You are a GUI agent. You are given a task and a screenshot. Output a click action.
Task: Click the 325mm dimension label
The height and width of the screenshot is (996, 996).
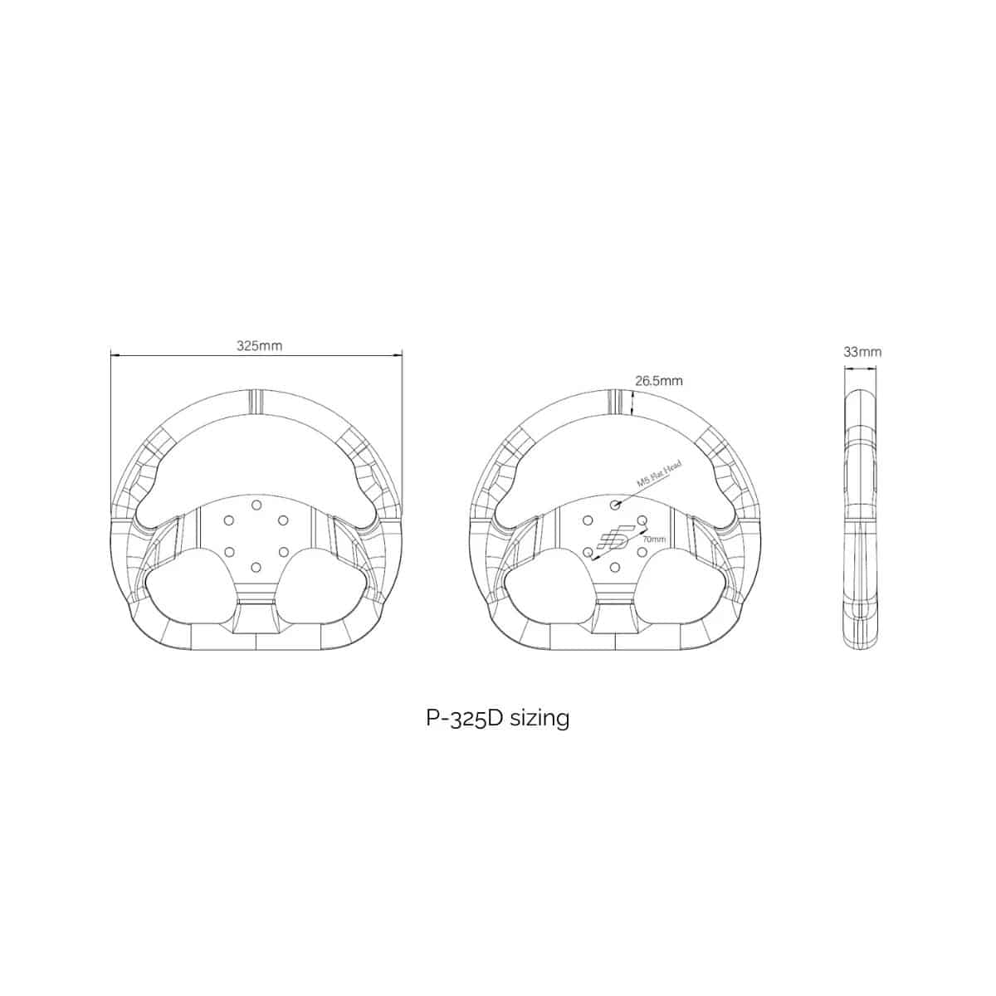[x=260, y=346]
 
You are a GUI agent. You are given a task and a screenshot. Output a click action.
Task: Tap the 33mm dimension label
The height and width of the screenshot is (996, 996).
[x=862, y=352]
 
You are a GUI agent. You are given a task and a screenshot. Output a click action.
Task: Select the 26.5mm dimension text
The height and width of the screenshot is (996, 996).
[x=658, y=381]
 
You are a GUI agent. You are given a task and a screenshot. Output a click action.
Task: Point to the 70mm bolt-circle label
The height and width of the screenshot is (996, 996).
[x=654, y=539]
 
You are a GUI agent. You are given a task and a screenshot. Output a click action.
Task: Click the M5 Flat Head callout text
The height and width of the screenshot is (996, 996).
[x=660, y=473]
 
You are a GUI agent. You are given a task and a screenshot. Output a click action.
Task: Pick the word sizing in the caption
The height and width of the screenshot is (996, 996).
[x=539, y=718]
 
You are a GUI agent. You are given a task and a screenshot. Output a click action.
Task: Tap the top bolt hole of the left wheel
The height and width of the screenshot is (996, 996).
[x=256, y=505]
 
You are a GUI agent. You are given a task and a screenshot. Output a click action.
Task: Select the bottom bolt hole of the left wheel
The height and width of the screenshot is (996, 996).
[x=255, y=568]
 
